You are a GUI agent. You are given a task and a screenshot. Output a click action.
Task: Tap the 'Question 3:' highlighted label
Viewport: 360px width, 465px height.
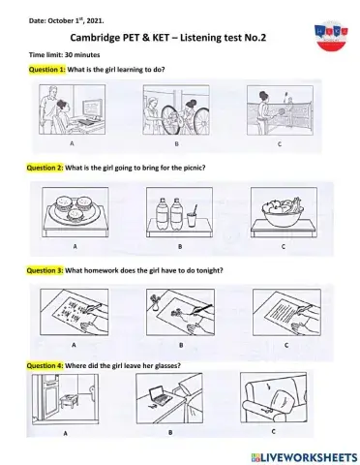point(46,269)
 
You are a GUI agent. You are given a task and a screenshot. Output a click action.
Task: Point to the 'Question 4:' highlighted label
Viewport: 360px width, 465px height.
point(46,364)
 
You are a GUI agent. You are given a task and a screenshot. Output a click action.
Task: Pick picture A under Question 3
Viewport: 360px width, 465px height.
point(74,309)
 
